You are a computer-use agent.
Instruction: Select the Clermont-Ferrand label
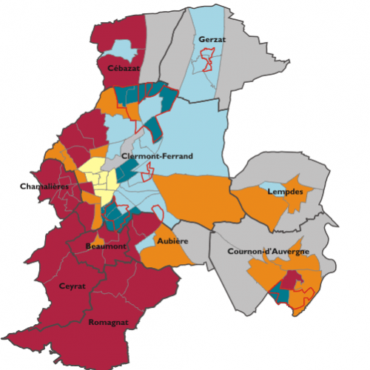(x=157, y=156)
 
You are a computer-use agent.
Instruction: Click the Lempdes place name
(x=284, y=192)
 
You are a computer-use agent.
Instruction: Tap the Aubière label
(x=172, y=241)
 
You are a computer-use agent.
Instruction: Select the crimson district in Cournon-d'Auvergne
(x=290, y=278)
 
